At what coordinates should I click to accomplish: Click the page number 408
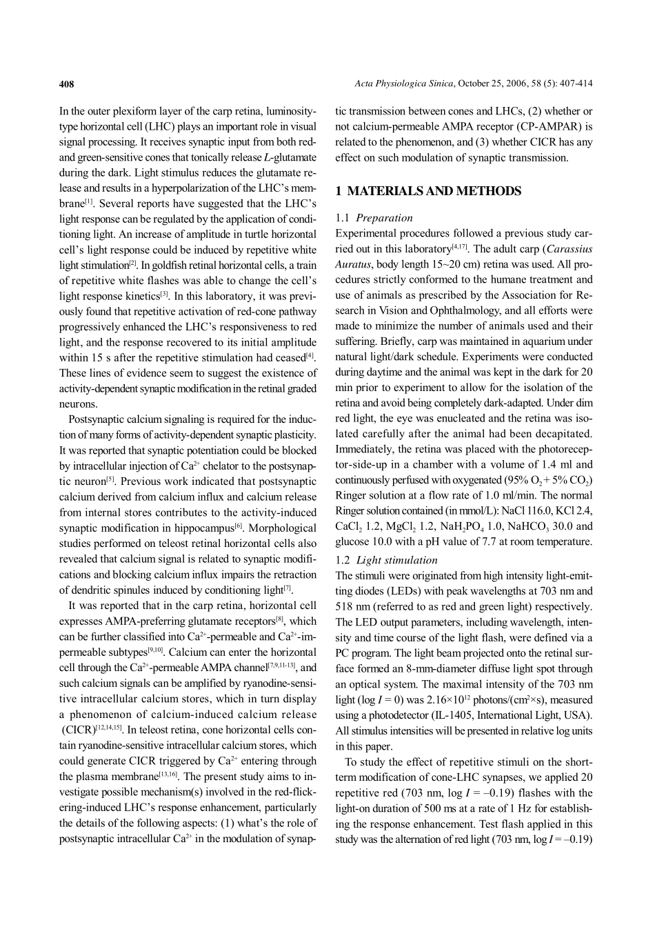pyautogui.click(x=66, y=84)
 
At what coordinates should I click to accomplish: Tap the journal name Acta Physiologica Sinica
pyautogui.click(x=404, y=84)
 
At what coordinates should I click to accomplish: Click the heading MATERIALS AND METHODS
pyautogui.click(x=434, y=191)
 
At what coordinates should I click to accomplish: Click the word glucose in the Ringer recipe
pyautogui.click(x=351, y=541)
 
